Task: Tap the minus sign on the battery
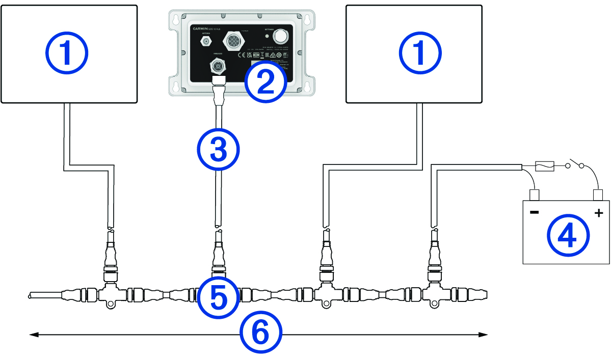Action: [x=534, y=212]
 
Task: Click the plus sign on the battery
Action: [x=599, y=212]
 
